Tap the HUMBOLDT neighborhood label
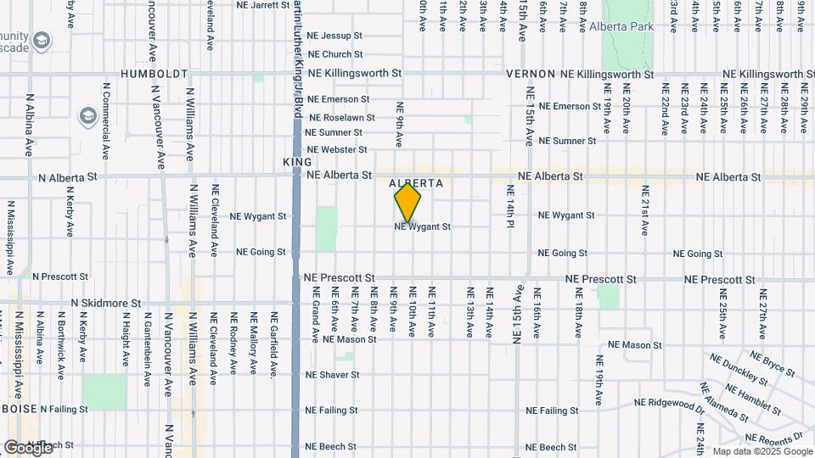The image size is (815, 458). (x=154, y=74)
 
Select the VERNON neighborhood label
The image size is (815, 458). (x=531, y=74)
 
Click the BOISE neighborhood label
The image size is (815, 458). (x=19, y=408)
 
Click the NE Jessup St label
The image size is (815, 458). (x=334, y=36)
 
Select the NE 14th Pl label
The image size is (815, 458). (x=510, y=205)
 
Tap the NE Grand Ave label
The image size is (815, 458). (x=315, y=318)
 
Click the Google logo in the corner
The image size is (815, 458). (x=28, y=447)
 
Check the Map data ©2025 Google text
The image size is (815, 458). (x=762, y=451)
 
